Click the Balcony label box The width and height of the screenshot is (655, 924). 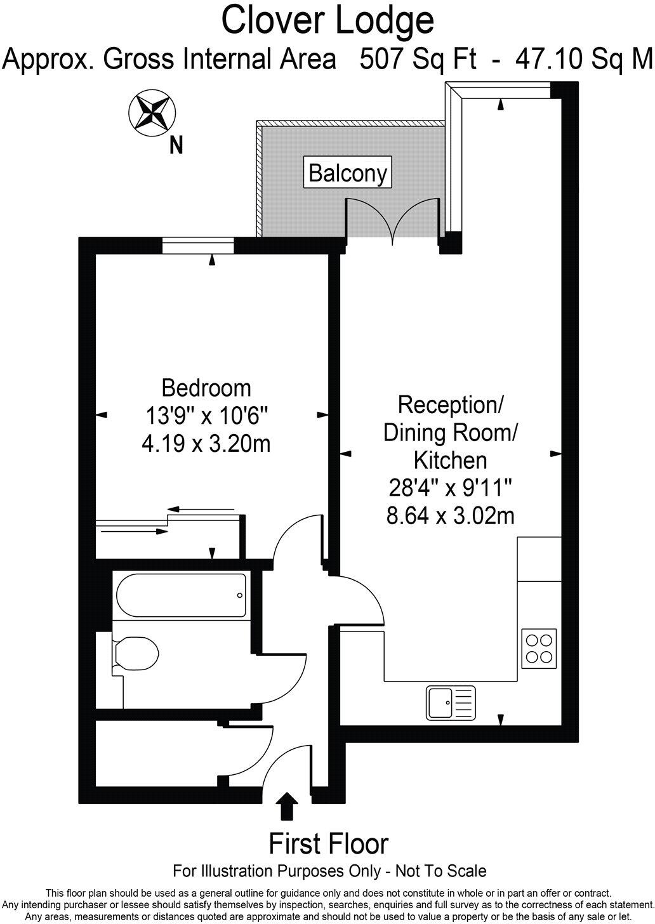tap(348, 172)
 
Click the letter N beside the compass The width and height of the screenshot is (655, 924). tap(176, 147)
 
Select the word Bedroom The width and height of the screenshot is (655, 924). tap(206, 387)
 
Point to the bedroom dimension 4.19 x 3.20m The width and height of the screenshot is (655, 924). tap(206, 443)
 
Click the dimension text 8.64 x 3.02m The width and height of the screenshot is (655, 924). tap(450, 516)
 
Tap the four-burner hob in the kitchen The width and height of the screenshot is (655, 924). tap(539, 648)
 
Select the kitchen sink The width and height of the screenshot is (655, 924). tap(451, 703)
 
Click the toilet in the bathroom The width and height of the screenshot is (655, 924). tap(135, 654)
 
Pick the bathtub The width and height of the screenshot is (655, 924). tap(181, 595)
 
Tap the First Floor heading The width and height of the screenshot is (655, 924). tap(328, 844)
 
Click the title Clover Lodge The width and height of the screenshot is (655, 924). tap(327, 20)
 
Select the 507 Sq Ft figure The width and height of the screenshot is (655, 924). tap(418, 60)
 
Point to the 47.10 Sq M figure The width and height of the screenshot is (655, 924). tap(584, 60)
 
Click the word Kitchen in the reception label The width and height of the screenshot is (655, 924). tap(450, 459)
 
